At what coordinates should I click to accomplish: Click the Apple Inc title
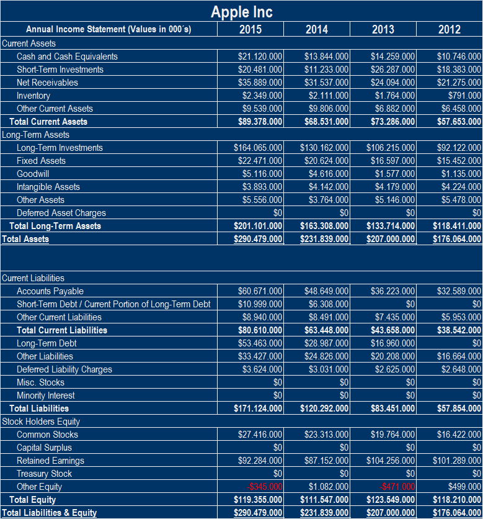coord(241,11)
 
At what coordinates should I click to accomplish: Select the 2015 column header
coord(250,29)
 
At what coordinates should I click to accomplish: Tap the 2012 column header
coord(449,29)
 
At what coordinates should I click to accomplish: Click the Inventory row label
coord(33,96)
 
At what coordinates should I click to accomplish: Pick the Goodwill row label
coord(33,174)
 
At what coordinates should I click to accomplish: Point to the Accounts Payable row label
coord(50,291)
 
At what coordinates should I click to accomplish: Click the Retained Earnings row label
coord(50,461)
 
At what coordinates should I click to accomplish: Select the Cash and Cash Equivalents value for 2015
coord(260,56)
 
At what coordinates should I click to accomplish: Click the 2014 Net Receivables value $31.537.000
coord(326,83)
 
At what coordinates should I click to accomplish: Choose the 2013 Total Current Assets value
coord(390,122)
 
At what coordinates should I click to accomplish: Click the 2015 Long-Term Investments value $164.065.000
coord(258,148)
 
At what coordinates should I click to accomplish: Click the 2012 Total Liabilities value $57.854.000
coord(456,408)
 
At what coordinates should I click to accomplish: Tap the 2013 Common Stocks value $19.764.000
coord(392,435)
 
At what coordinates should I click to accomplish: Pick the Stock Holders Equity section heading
coord(41,422)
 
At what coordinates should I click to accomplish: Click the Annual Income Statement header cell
coord(109,29)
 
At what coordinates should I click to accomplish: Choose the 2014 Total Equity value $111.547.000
coord(324,500)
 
